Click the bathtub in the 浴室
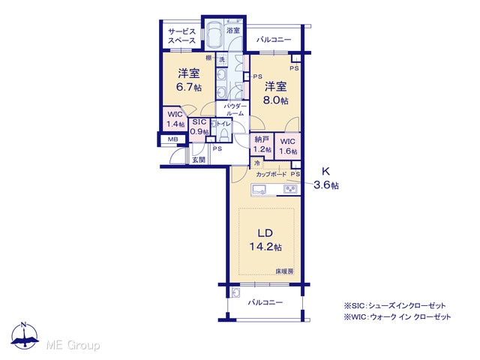click(x=214, y=34)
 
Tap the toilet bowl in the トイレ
click(x=225, y=134)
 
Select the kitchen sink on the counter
click(x=259, y=190)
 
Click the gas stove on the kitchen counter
click(x=289, y=190)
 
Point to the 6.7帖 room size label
click(x=189, y=88)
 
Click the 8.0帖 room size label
click(x=276, y=100)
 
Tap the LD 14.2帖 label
click(x=265, y=240)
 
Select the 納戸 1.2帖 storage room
click(x=262, y=145)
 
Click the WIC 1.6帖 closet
click(x=288, y=146)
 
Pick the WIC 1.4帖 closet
click(x=175, y=119)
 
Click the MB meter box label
click(x=173, y=139)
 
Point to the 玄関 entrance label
click(x=199, y=160)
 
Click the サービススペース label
click(x=181, y=36)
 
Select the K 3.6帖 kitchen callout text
click(x=326, y=178)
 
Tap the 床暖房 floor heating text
click(x=284, y=271)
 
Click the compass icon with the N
click(x=25, y=336)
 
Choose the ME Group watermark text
click(x=73, y=345)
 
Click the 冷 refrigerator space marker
click(x=257, y=163)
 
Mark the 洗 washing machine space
click(x=222, y=59)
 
